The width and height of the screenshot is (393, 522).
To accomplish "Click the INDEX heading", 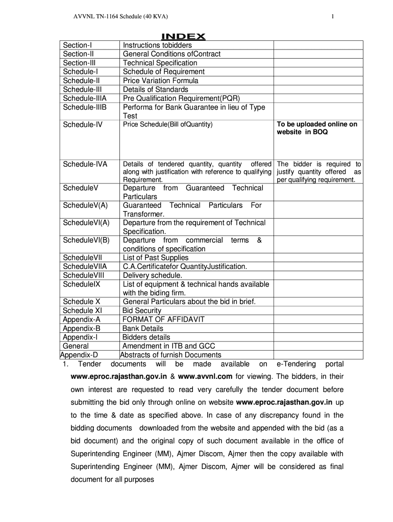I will click(183, 36).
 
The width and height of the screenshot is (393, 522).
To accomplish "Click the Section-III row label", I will click(79, 63).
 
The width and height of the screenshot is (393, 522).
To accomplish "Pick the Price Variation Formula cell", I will click(160, 81).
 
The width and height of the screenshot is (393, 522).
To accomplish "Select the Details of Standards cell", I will click(155, 89).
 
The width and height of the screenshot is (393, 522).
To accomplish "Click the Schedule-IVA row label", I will click(85, 164).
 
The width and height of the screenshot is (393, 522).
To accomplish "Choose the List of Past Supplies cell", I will click(155, 257).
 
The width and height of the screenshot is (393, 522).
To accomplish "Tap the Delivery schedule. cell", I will click(152, 275).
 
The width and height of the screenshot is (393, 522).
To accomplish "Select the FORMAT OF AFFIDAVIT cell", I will click(163, 319).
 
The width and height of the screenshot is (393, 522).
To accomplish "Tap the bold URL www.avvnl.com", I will click(205, 376).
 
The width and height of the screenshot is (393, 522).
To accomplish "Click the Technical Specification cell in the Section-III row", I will click(160, 63).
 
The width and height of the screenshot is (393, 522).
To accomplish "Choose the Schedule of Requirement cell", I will click(163, 71).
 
